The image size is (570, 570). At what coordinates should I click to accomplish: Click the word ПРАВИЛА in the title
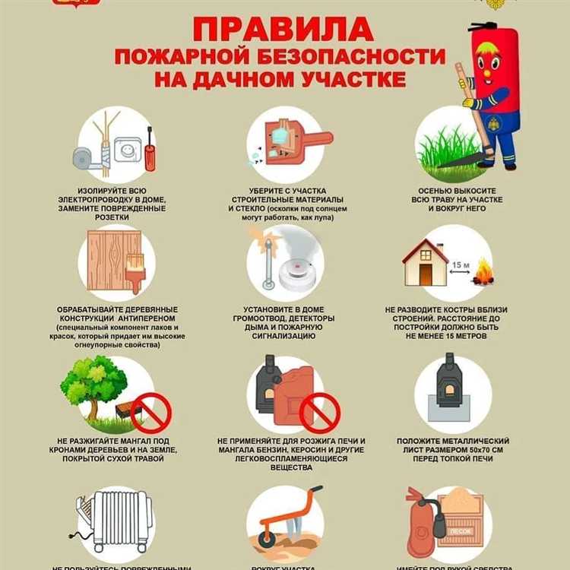coord(283,30)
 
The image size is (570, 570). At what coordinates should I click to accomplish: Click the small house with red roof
coord(425,262)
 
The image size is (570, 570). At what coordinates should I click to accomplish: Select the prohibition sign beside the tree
coord(150,412)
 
